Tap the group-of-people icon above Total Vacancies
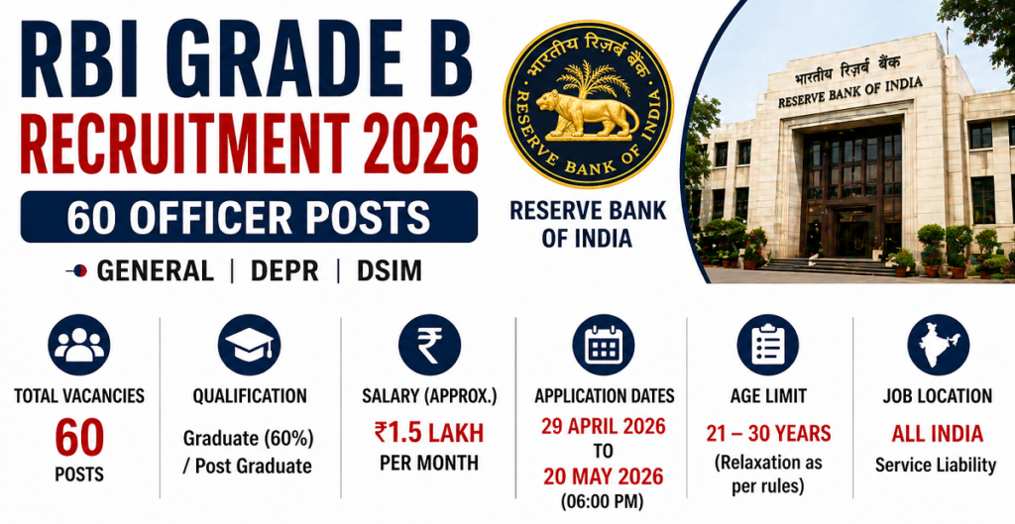pyautogui.click(x=79, y=345)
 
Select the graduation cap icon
pyautogui.click(x=249, y=345)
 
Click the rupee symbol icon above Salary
pyautogui.click(x=429, y=345)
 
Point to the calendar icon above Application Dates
pyautogui.click(x=603, y=345)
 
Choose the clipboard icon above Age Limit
pyautogui.click(x=767, y=345)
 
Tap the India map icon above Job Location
pyautogui.click(x=938, y=345)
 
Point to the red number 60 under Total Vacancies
pyautogui.click(x=79, y=437)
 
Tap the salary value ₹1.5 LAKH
pyautogui.click(x=429, y=434)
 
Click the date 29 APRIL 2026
pyautogui.click(x=604, y=428)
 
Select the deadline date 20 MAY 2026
pyautogui.click(x=604, y=477)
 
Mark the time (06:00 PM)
pyautogui.click(x=604, y=502)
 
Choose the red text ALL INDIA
pyautogui.click(x=937, y=434)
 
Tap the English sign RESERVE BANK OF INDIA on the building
pyautogui.click(x=849, y=92)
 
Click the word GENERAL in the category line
pyautogui.click(x=155, y=270)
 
